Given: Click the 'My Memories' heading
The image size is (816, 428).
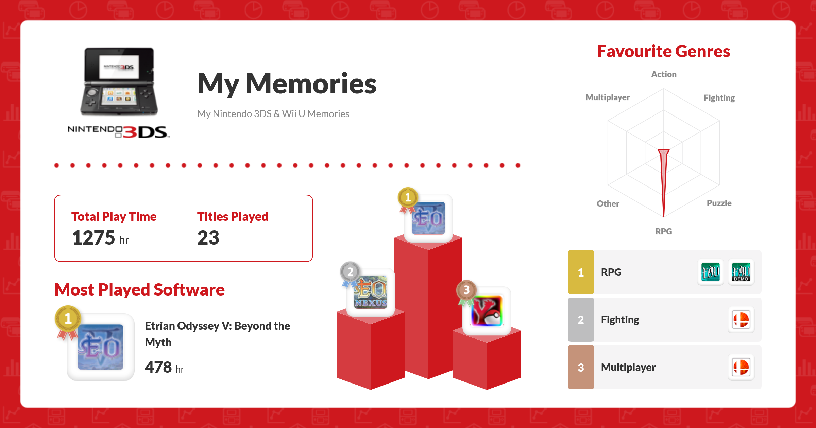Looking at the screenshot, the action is [x=287, y=84].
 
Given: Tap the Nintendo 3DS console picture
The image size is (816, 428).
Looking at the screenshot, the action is [x=119, y=82].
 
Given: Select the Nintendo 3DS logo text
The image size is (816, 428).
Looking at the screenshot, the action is [x=119, y=132].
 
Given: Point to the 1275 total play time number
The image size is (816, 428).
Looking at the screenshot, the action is [x=93, y=237].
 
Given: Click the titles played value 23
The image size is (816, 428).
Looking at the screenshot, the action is [x=208, y=237].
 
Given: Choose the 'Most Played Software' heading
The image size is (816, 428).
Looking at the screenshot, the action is [x=139, y=289].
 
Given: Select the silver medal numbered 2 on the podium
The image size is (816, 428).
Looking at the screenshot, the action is [x=350, y=274].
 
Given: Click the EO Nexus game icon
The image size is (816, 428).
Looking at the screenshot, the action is [x=371, y=292].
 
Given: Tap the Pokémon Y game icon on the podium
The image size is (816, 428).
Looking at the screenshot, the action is [x=487, y=311].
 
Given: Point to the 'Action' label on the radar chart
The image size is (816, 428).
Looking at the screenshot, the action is [x=664, y=74].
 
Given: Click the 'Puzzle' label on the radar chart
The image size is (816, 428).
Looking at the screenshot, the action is [x=719, y=203].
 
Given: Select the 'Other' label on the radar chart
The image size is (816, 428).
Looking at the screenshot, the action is [x=608, y=203].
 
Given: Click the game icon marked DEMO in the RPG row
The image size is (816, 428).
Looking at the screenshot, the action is [x=741, y=272].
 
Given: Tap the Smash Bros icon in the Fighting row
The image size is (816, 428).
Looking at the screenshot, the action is [x=741, y=320].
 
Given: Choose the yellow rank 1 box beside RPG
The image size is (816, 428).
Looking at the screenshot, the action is [x=581, y=272].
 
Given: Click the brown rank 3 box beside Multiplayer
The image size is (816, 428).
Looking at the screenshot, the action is [x=581, y=367].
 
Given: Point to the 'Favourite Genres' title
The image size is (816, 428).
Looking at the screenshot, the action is [x=664, y=51].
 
